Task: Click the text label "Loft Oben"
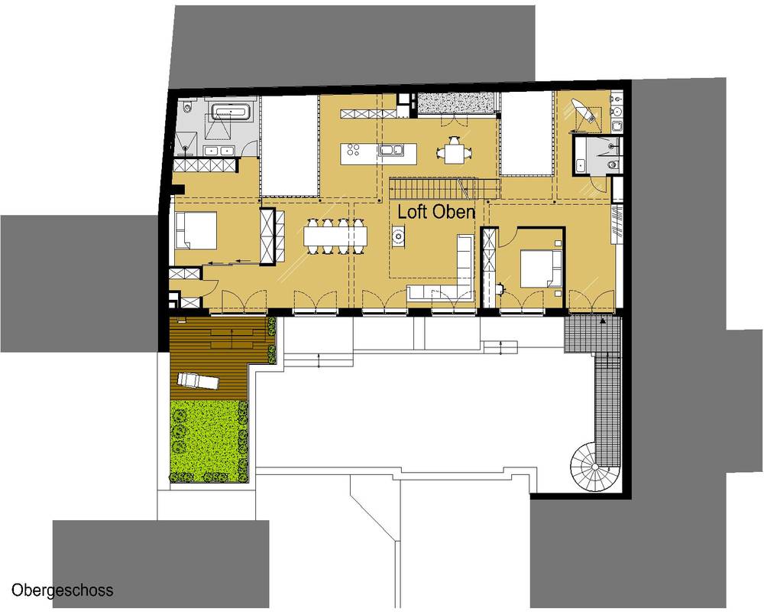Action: pos(436,212)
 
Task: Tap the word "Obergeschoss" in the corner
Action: pos(63,590)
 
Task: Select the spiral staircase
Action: pos(594,466)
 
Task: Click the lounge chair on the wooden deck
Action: pos(198,381)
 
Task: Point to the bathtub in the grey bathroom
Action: pos(231,111)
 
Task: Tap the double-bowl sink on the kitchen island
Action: pos(392,150)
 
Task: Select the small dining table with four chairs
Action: pos(454,150)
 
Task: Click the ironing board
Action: pos(584,111)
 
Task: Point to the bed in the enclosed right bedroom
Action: pos(541,269)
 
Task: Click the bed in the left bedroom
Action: pos(196,230)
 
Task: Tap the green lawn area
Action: pos(209,441)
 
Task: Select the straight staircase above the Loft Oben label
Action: pos(445,188)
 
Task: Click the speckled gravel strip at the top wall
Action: pos(455,103)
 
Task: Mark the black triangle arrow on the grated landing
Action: pos(604,321)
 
